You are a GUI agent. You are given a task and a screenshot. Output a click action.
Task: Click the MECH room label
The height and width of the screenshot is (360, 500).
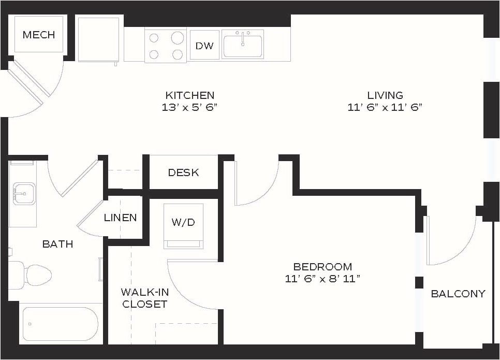point(39,35)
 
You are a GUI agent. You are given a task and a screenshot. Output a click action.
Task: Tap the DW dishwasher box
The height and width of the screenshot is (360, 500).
point(204,46)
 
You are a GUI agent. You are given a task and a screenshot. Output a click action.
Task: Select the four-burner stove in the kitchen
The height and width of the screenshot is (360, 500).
point(166,46)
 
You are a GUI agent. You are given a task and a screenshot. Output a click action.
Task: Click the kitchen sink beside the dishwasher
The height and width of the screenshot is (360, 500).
point(243,44)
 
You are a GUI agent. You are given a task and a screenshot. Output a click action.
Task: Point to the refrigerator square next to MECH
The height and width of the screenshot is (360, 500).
point(98,39)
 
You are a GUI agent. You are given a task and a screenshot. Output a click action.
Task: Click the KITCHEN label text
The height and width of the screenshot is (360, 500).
point(189,95)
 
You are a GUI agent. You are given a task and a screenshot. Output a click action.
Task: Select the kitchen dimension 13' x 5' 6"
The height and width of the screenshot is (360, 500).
point(189,108)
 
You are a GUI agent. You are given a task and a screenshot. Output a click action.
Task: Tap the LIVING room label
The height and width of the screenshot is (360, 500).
point(385,95)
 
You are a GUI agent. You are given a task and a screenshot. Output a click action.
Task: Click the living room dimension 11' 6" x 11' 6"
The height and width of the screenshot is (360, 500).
point(385,108)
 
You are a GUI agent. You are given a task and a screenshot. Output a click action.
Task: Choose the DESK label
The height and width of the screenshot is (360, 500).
point(183,172)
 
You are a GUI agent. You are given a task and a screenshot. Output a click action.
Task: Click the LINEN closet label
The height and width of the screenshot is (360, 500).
point(120,218)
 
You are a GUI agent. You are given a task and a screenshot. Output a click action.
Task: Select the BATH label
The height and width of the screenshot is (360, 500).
point(57,244)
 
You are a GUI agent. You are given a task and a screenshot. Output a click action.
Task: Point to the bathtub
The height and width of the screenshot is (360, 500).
point(59,324)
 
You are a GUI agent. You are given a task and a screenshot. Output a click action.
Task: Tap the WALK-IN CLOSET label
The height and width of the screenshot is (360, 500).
point(144,298)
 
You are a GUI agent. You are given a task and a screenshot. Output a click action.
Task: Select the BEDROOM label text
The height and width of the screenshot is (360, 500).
point(322,267)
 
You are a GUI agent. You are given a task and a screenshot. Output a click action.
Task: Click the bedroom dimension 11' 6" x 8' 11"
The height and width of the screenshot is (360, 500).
point(322,279)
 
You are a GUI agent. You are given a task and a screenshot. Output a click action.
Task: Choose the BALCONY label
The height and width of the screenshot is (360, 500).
point(458,294)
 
